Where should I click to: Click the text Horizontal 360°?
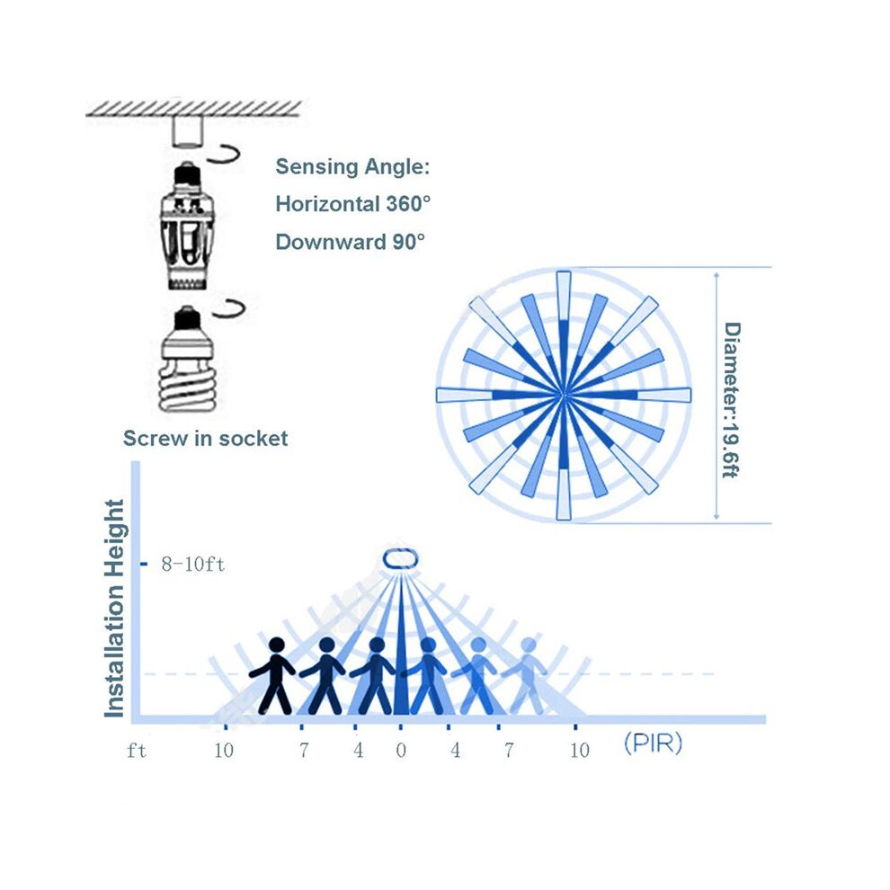[x=352, y=204]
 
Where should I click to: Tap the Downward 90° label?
[x=351, y=242]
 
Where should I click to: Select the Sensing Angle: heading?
[x=352, y=166]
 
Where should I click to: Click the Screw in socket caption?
[x=206, y=438]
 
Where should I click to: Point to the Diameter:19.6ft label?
[x=732, y=400]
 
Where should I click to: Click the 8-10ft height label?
[x=193, y=565]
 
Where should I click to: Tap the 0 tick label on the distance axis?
[x=401, y=751]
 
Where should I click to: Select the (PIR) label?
[x=653, y=743]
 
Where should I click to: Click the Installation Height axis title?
[x=115, y=609]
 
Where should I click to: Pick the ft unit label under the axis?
[x=137, y=751]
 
